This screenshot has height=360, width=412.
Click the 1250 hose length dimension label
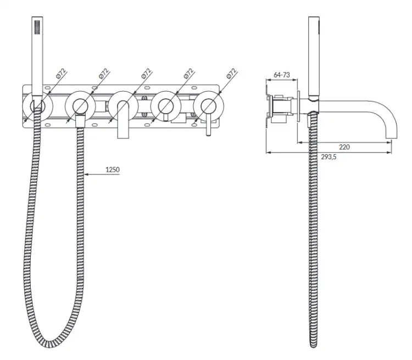pos(113,170)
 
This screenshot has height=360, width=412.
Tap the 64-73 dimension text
pos(282,75)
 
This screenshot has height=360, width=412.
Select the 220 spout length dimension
pos(344,147)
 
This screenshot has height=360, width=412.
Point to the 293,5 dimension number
pos(329,157)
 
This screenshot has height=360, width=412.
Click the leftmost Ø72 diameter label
pos(61,74)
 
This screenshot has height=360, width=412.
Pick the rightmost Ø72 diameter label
pos(231,74)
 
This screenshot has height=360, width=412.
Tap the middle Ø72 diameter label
pos(146,74)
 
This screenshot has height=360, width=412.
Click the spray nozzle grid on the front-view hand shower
pos(37,27)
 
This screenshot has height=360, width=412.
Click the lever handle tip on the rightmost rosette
pos(208,134)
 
